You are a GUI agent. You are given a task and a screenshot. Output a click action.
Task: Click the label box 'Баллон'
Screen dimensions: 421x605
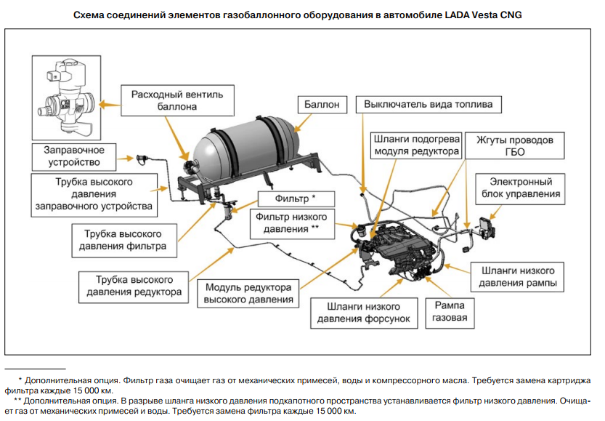click(x=322, y=105)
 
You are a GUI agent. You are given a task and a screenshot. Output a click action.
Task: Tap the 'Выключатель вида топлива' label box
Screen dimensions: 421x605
click(x=429, y=105)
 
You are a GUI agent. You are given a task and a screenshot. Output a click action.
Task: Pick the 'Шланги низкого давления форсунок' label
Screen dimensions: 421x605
click(x=363, y=312)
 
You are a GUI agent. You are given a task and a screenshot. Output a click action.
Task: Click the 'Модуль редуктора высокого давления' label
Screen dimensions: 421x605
click(x=249, y=293)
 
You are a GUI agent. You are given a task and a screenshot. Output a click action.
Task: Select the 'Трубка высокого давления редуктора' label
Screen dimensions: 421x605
click(x=134, y=286)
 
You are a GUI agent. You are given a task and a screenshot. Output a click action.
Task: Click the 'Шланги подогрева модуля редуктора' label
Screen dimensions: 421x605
click(x=416, y=145)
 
